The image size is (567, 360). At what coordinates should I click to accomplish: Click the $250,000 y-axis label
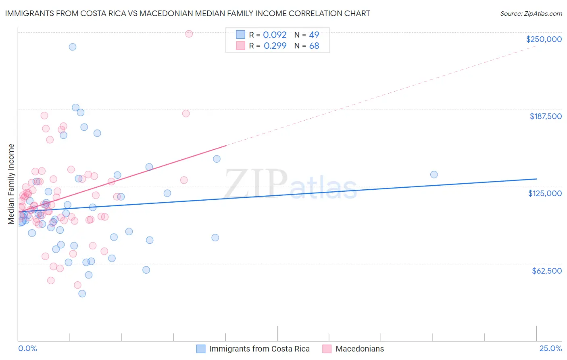[544, 39]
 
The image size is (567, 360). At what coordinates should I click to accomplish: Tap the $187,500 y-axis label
[546, 116]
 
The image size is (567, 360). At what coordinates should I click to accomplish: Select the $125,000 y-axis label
[545, 193]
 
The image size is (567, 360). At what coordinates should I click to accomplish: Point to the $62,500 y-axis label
[547, 271]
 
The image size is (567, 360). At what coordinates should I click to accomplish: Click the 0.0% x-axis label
[27, 348]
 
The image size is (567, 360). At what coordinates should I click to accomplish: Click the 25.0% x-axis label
[550, 348]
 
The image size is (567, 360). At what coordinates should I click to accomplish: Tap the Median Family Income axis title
[11, 184]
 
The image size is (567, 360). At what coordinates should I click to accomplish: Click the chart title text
[188, 13]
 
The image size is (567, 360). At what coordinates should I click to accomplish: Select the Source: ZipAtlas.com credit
[531, 14]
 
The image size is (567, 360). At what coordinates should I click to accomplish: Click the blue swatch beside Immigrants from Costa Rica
[201, 349]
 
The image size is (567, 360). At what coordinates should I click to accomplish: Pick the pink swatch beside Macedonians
[327, 349]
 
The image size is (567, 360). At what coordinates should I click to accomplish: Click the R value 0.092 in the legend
[275, 35]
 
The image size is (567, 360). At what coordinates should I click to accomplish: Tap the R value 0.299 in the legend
[275, 46]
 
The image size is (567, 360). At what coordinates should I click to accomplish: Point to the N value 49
[314, 35]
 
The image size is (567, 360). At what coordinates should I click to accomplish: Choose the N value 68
[314, 46]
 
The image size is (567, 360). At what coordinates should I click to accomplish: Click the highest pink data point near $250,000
[189, 34]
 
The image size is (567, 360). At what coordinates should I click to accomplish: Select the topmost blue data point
[73, 47]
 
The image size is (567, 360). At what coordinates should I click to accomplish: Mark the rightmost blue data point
[434, 175]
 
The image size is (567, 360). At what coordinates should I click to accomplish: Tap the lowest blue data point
[82, 293]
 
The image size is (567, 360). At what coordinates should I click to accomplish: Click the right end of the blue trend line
[536, 179]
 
